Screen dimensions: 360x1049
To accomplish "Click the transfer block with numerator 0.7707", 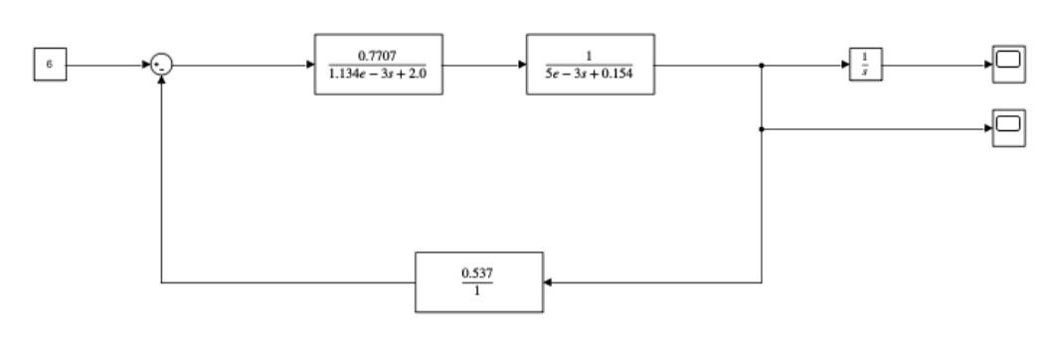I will point(378,65).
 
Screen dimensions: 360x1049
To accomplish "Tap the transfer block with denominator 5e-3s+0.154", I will point(591,65).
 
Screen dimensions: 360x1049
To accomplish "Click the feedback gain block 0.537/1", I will point(479,283).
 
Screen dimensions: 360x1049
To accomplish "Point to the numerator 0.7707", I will point(378,54).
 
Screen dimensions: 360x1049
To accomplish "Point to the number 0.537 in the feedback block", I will point(479,273).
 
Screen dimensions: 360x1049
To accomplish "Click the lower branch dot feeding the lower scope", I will point(761,129).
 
